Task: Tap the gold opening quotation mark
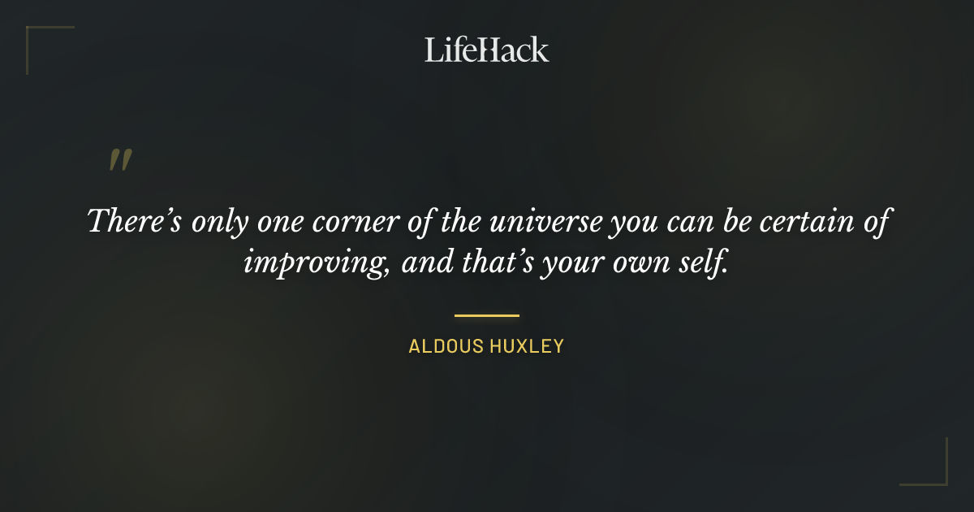(x=119, y=160)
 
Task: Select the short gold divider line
(x=486, y=315)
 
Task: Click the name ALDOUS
(x=445, y=347)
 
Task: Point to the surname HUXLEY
(x=526, y=347)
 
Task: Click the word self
(x=705, y=263)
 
